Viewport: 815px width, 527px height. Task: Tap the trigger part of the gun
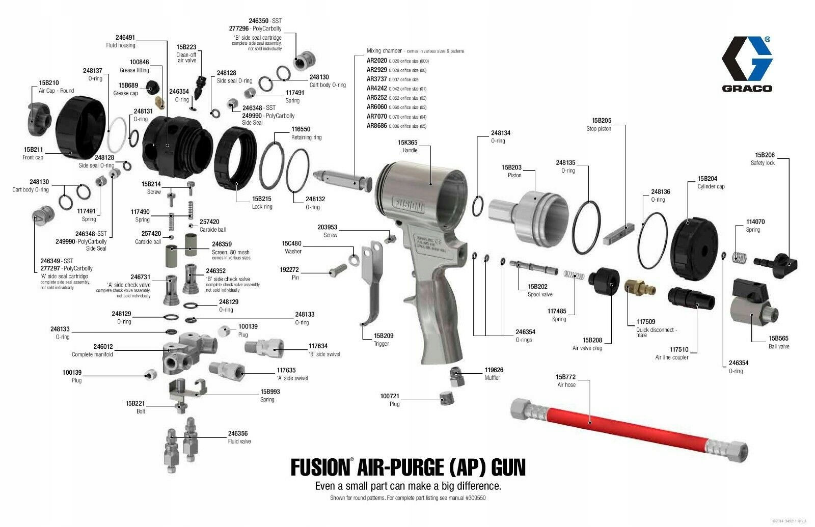pyautogui.click(x=372, y=285)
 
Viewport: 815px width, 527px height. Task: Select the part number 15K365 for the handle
pyautogui.click(x=407, y=143)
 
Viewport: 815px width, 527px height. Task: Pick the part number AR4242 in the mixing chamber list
pyautogui.click(x=377, y=89)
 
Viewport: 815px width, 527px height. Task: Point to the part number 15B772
pyautogui.click(x=565, y=377)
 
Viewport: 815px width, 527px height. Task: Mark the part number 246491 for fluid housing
pyautogui.click(x=125, y=38)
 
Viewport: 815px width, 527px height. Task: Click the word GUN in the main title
pyautogui.click(x=503, y=467)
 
